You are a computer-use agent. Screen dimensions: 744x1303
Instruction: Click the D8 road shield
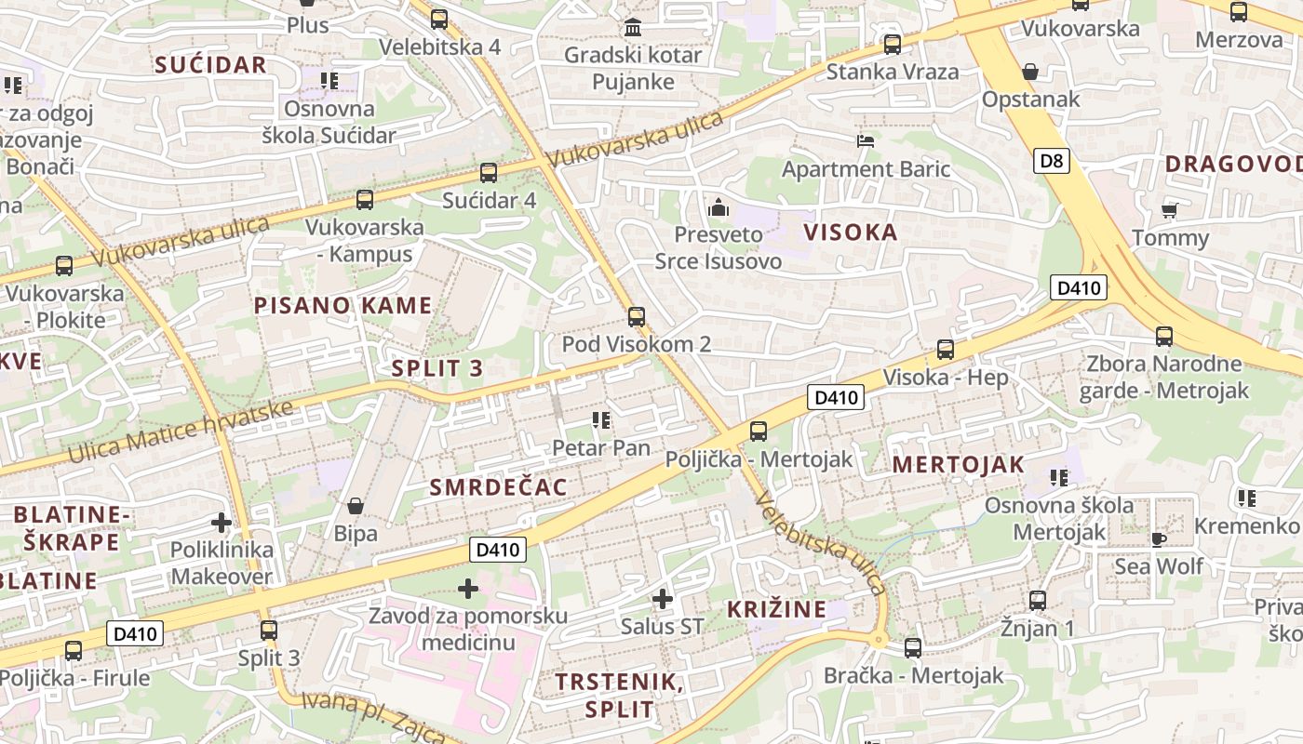(x=1051, y=161)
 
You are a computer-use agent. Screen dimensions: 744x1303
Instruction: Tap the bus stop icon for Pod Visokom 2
(x=637, y=317)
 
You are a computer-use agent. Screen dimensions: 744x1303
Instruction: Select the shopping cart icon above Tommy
(x=1170, y=210)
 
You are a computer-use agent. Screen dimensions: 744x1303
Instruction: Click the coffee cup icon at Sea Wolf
(x=1159, y=538)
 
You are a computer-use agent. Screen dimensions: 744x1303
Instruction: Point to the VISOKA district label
(x=851, y=232)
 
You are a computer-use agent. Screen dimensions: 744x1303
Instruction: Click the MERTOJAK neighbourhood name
(x=959, y=464)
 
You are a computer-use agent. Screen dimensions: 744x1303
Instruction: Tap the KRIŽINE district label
(x=776, y=609)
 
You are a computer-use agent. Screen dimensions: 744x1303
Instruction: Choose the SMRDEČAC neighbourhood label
(x=499, y=487)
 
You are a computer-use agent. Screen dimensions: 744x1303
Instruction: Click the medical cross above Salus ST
(x=662, y=598)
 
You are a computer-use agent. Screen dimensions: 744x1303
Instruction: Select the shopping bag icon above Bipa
(x=356, y=506)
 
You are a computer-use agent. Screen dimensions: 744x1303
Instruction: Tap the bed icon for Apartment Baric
(x=866, y=141)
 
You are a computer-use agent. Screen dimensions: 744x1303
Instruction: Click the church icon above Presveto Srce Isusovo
(x=718, y=206)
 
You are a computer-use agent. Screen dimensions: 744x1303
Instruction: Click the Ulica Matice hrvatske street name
(x=181, y=432)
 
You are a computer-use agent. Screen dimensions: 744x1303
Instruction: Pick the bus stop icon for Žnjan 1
(x=1038, y=601)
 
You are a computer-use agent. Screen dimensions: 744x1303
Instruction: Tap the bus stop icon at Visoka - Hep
(x=946, y=350)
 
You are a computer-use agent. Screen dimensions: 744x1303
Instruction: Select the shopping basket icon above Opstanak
(x=1030, y=72)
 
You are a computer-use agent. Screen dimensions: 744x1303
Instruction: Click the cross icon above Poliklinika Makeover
(x=222, y=522)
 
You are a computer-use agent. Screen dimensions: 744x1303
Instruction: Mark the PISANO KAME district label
(x=343, y=305)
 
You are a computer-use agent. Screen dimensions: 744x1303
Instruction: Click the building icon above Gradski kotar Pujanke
(x=634, y=27)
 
